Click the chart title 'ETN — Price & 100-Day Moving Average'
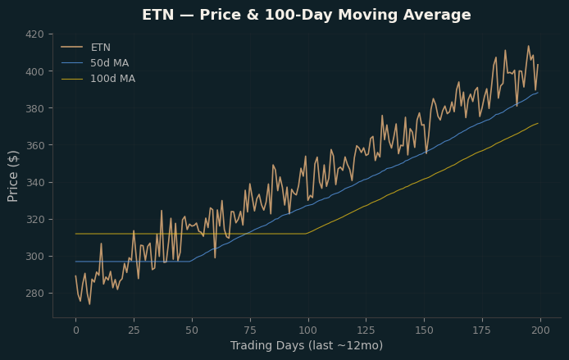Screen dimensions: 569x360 tap(307, 16)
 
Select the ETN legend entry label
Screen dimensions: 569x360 tap(101, 48)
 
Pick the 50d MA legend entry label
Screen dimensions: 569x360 tap(110, 63)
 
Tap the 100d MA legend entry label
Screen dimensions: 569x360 tap(113, 79)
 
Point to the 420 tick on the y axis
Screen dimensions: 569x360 tap(34, 34)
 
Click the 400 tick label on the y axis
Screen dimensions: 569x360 tap(34, 71)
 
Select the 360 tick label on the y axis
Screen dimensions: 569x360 tap(34, 145)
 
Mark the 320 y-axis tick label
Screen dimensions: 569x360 tap(34, 219)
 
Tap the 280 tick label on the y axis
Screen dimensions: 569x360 tap(34, 294)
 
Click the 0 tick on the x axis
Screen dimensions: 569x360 tap(76, 330)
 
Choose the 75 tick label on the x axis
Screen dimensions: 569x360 tap(250, 330)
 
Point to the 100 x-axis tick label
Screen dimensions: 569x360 tap(308, 330)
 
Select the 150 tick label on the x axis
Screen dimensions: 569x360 tap(424, 330)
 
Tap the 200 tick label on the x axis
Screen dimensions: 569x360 tap(540, 330)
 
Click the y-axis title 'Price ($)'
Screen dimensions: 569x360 tap(12, 176)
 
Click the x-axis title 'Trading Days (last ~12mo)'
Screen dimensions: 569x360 tap(307, 345)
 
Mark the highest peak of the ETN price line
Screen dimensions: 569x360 tap(528, 46)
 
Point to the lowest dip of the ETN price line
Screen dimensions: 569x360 tap(89, 304)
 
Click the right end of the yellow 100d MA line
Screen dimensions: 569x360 tap(538, 123)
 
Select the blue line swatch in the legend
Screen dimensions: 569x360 tap(72, 63)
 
